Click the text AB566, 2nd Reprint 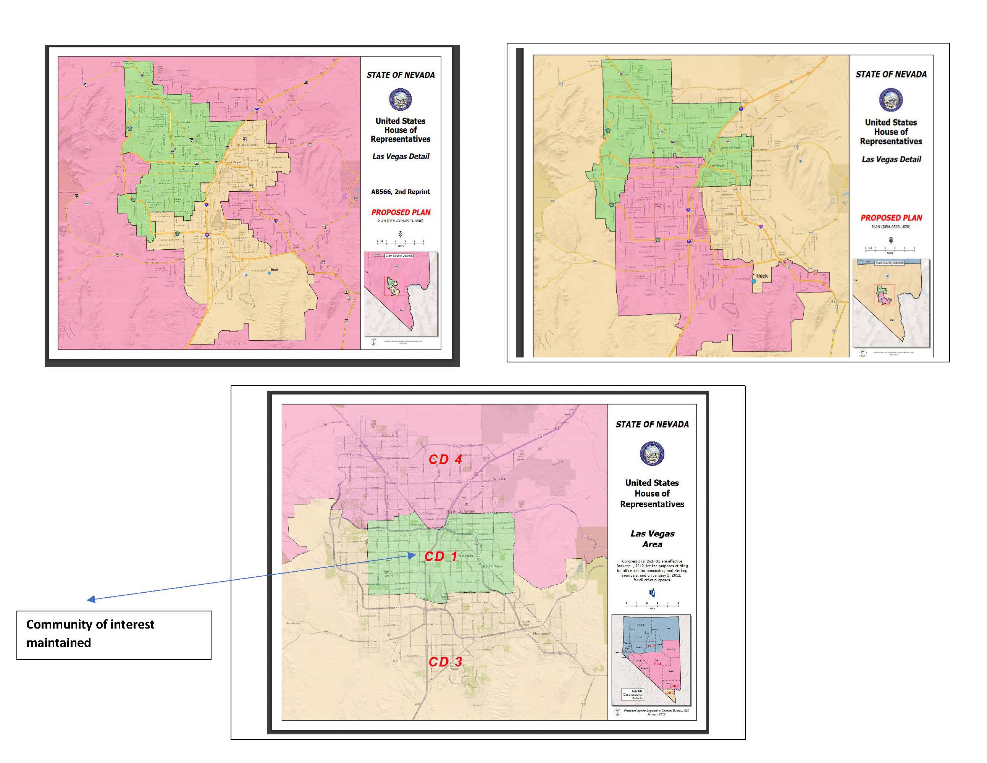point(401,192)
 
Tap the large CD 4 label point(445,459)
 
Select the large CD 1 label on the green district point(440,556)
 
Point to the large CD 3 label point(445,662)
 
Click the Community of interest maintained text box point(113,635)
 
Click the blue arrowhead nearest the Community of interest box point(91,600)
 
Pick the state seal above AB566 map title point(401,99)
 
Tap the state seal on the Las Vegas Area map point(652,453)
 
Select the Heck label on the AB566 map point(274,269)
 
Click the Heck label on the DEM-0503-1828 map point(762,276)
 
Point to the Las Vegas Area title point(652,539)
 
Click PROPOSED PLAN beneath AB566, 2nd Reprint point(401,212)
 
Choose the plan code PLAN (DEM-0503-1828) point(891,227)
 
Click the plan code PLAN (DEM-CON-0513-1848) point(401,221)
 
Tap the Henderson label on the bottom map point(542,633)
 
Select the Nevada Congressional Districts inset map point(651,660)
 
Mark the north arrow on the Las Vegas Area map point(652,593)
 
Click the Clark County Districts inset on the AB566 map point(401,294)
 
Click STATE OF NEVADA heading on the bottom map point(652,424)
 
